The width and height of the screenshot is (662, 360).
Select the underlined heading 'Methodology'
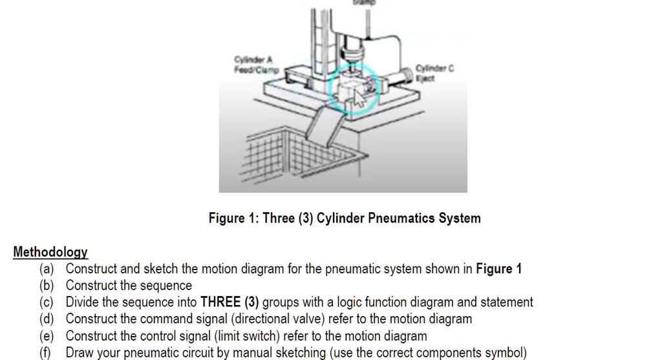tap(50, 252)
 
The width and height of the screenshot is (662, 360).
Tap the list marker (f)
tap(47, 353)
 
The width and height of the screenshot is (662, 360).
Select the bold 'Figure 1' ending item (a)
tap(498, 269)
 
